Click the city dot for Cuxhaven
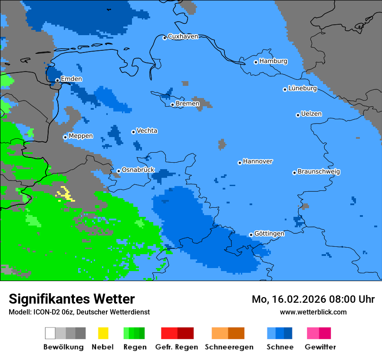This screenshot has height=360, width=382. pos(165,38)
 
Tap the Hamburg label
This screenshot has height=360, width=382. pos(273,61)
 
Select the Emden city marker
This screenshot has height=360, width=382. pos(57,80)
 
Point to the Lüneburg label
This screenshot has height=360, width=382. pos(303,88)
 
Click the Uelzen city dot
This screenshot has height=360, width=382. pos(298,115)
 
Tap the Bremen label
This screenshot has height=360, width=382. pos(188,104)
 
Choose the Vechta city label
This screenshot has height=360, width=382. pos(147,131)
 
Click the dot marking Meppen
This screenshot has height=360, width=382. pos(66,137)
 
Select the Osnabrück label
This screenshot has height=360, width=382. pos(138,170)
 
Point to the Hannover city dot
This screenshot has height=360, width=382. pos(240,163)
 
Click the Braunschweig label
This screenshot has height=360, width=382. pos(319,172)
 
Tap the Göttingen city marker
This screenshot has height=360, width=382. pos(251,235)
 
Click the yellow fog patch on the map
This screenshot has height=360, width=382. pos(66,194)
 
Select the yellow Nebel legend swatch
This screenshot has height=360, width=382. pos(103,333)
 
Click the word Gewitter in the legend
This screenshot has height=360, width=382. pos(320,347)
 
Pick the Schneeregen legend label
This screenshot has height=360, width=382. pos(229,347)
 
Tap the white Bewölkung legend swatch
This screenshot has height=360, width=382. pos(50,333)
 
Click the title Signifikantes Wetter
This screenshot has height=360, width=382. pos(72,299)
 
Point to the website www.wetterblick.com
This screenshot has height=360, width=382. pos(313,312)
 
